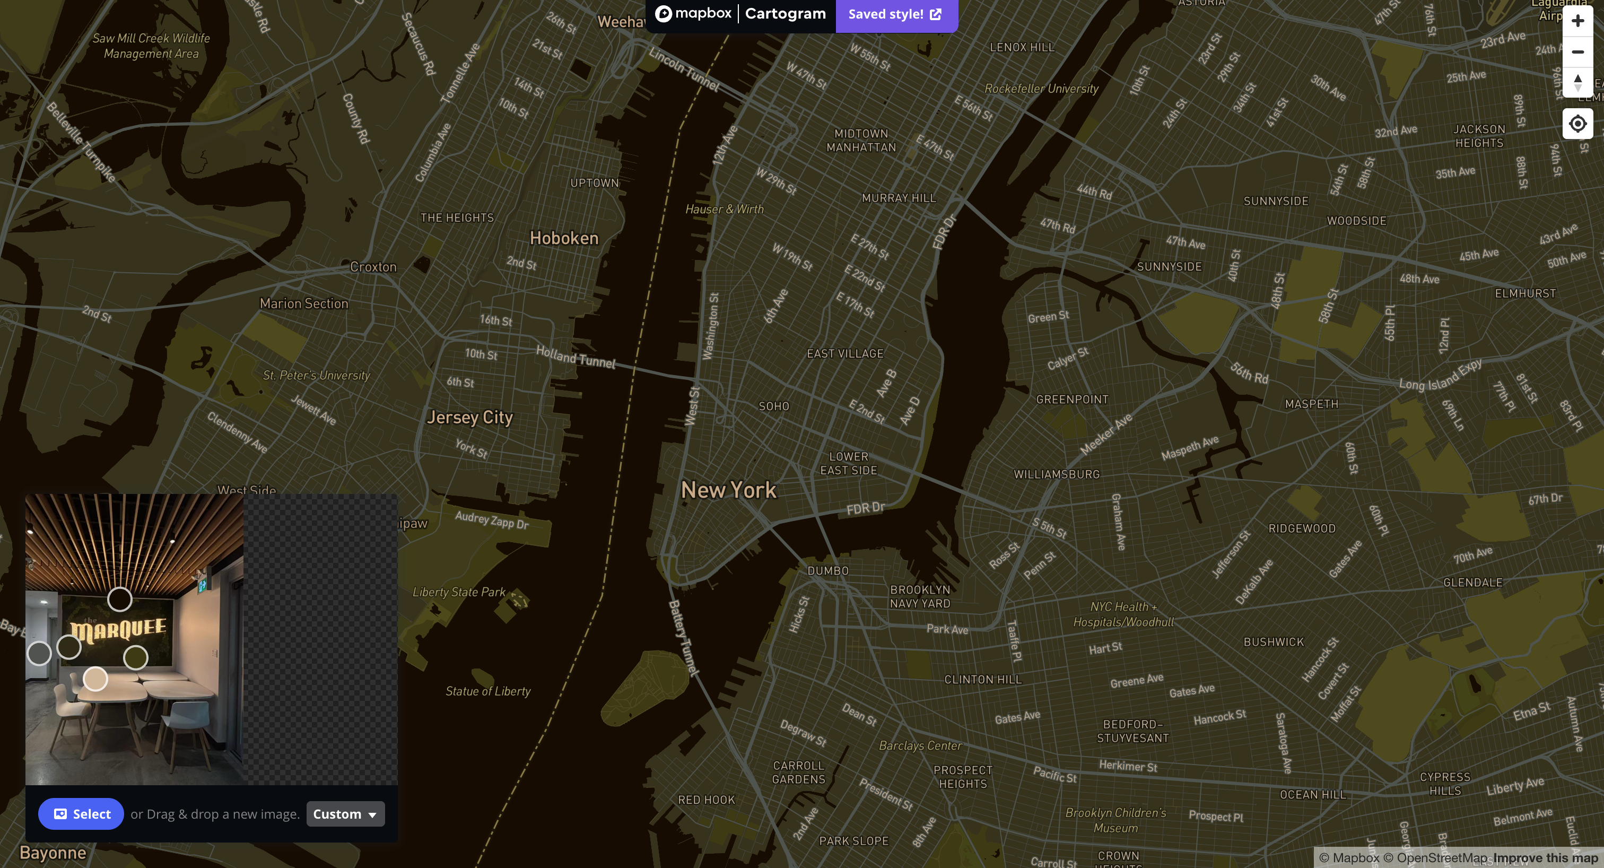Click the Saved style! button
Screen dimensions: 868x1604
pyautogui.click(x=895, y=14)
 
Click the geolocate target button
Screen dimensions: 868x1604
pyautogui.click(x=1577, y=124)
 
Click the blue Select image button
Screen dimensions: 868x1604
pyautogui.click(x=81, y=814)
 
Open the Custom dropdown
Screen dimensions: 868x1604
pyautogui.click(x=345, y=814)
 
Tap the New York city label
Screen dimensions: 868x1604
pyautogui.click(x=728, y=490)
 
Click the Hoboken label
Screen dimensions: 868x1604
pyautogui.click(x=563, y=238)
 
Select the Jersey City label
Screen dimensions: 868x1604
pyautogui.click(x=469, y=417)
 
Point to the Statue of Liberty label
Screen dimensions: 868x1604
pyautogui.click(x=487, y=691)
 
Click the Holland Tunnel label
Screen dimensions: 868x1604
pyautogui.click(x=576, y=358)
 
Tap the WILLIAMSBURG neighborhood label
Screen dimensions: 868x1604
pyautogui.click(x=1056, y=474)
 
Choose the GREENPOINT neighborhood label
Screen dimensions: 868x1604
pyautogui.click(x=1071, y=400)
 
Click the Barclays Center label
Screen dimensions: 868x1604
pyautogui.click(x=920, y=745)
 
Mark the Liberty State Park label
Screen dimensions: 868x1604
pyautogui.click(x=459, y=592)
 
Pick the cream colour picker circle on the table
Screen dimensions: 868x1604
pyautogui.click(x=95, y=679)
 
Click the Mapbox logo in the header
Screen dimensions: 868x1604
pyautogui.click(x=694, y=14)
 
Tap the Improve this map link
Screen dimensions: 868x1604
pyautogui.click(x=1545, y=858)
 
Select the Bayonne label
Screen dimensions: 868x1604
pyautogui.click(x=53, y=853)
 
